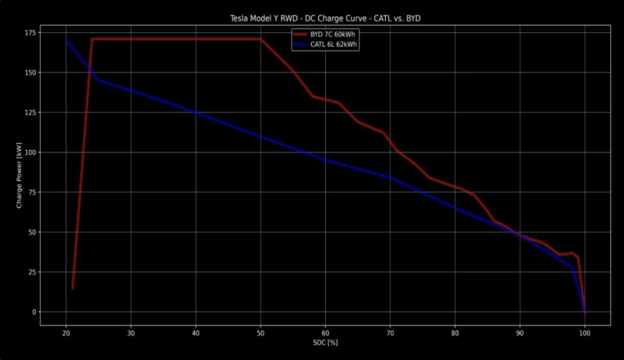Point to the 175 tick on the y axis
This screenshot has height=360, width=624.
tap(29, 33)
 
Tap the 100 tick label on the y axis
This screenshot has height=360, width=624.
tap(29, 153)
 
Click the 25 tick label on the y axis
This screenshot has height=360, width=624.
tap(31, 272)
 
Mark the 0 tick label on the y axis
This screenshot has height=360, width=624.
tap(34, 312)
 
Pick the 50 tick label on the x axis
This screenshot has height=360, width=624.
tap(261, 333)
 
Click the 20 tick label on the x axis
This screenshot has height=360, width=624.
tap(66, 333)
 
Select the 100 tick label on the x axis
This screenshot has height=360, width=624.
tap(585, 333)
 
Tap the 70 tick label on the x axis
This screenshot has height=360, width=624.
tap(391, 333)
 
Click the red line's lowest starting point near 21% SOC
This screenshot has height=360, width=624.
tap(72, 288)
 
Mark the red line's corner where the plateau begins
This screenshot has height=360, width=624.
tap(92, 39)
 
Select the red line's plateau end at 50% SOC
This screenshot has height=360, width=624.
tap(261, 39)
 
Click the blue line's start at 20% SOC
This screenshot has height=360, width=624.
tap(66, 40)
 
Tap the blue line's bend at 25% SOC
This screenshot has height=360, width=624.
tap(98, 80)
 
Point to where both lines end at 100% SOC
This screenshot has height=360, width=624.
tap(585, 311)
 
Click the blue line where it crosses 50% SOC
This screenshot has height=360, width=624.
tap(261, 136)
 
